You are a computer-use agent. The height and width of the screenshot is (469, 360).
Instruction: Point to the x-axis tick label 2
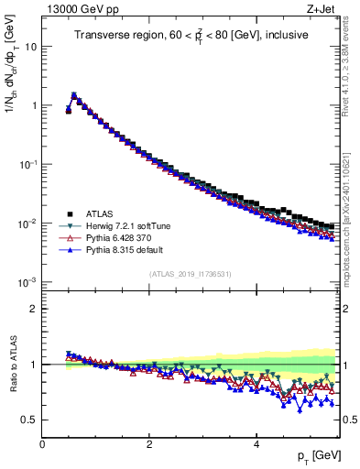pyautogui.click(x=149, y=444)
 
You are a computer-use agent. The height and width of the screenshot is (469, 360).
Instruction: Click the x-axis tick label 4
pyautogui.click(x=256, y=444)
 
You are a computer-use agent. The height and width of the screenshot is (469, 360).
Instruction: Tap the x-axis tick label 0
pyautogui.click(x=42, y=444)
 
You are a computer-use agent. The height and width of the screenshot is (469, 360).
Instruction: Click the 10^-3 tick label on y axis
pyautogui.click(x=26, y=282)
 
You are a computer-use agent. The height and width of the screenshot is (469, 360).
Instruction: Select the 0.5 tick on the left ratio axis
pyautogui.click(x=27, y=420)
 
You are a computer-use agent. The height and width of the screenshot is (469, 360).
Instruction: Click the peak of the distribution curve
pyautogui.click(x=74, y=94)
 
